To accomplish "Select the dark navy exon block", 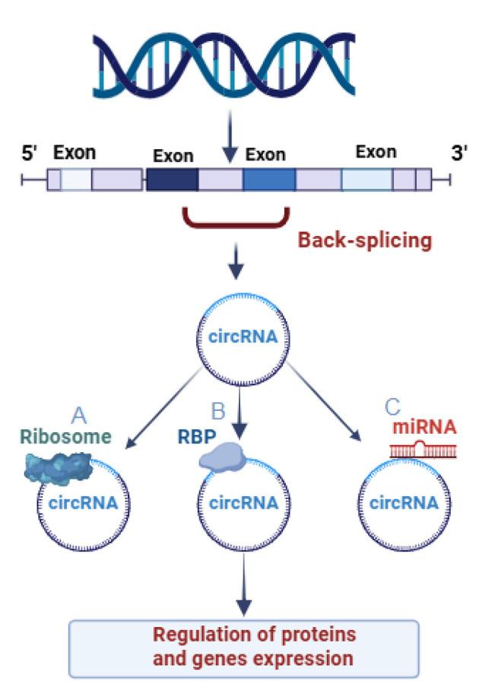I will (172, 180).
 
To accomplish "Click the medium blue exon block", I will (269, 180).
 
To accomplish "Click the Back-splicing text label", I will (364, 241).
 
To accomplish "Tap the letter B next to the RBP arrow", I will (218, 412).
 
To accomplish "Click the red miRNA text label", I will (424, 427).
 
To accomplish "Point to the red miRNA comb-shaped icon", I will (424, 451).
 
